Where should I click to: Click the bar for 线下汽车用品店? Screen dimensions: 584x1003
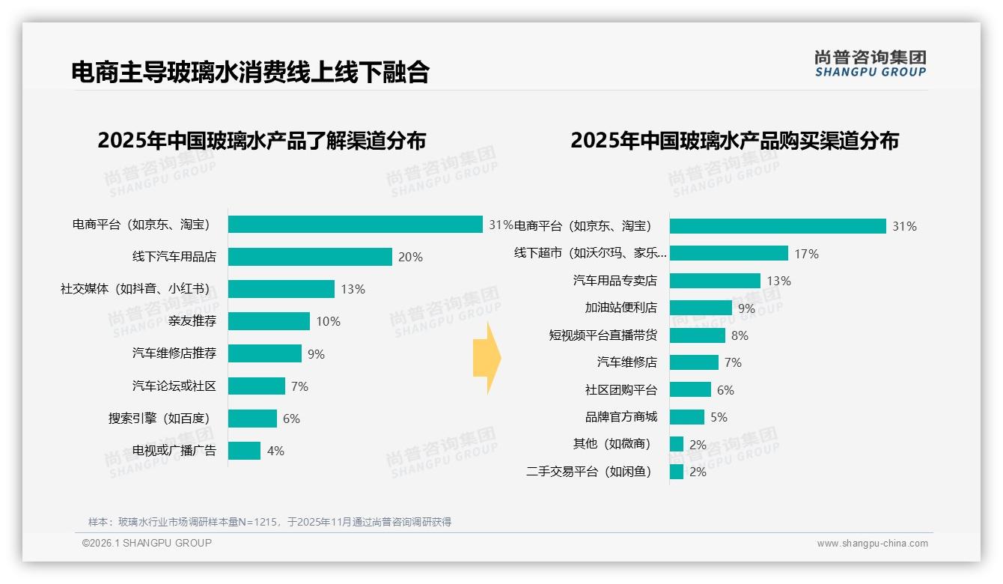coord(310,257)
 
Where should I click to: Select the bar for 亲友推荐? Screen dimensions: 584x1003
coord(269,321)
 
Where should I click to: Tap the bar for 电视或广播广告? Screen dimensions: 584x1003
coord(244,451)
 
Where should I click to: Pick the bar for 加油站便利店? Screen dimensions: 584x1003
coord(701,308)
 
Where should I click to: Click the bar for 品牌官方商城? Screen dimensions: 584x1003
coord(687,417)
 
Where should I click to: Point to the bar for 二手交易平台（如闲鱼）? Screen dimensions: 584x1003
coord(677,472)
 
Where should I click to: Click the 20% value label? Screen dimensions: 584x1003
coord(410,257)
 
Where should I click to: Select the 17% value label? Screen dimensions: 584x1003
coord(806,254)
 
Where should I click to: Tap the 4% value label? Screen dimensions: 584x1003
coord(275,451)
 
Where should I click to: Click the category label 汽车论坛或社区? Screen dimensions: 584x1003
coord(174,386)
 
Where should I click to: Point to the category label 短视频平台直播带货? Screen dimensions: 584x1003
coord(603,335)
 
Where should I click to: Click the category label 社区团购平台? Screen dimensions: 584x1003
coord(621,390)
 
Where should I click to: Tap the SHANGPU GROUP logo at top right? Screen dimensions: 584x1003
coord(870,64)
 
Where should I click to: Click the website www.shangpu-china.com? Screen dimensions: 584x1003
coord(872,544)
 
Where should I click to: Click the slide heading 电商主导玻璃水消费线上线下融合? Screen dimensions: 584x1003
coord(250,72)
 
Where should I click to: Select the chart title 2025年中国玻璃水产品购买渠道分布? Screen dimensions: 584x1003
coord(734,141)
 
